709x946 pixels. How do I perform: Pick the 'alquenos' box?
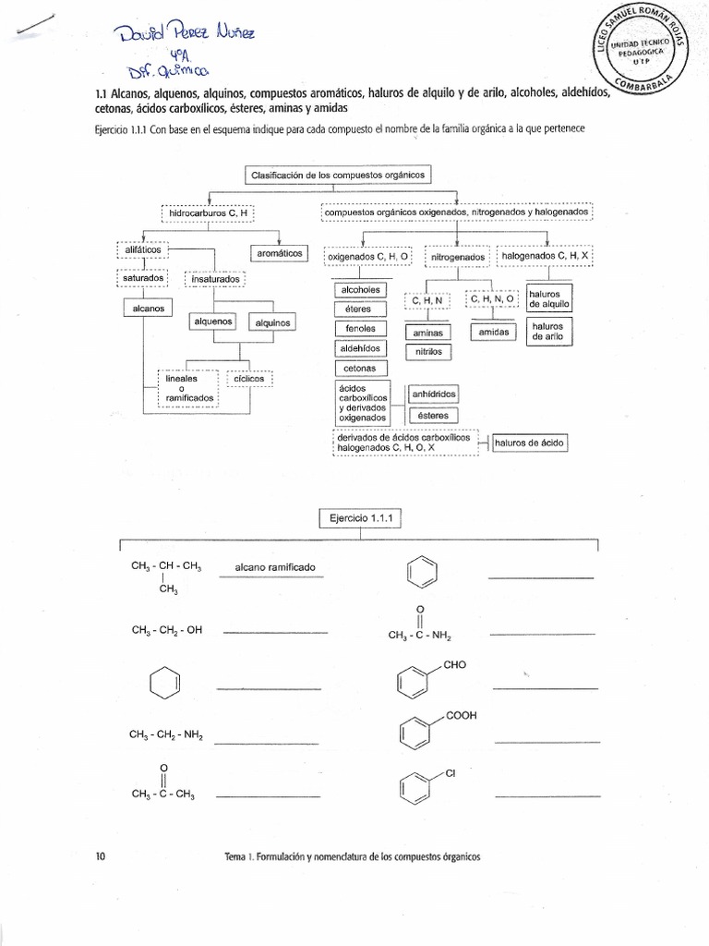213,321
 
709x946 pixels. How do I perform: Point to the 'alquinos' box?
272,322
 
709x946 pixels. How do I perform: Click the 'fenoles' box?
360,329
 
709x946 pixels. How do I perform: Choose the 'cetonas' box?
360,369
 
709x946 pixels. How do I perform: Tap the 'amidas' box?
494,332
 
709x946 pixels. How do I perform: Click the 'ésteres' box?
432,416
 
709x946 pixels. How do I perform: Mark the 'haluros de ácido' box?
529,443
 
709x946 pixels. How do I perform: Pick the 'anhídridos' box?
432,394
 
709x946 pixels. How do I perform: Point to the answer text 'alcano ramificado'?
275,567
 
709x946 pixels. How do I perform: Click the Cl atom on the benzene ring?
451,773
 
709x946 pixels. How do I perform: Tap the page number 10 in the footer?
101,856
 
